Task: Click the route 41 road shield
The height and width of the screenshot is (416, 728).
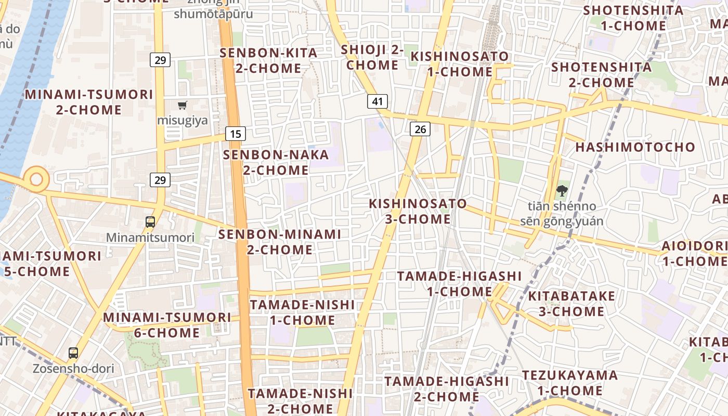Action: [x=378, y=101]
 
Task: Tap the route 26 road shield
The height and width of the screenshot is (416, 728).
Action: [x=420, y=128]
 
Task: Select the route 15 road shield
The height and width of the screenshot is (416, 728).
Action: [x=236, y=134]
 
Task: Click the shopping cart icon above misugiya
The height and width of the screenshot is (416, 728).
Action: [x=182, y=106]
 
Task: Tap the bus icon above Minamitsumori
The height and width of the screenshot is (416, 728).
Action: [x=150, y=222]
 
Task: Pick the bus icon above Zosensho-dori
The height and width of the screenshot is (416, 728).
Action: [x=73, y=353]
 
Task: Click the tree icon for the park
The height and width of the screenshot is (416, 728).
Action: [x=562, y=191]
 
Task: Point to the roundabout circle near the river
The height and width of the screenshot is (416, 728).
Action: [x=36, y=179]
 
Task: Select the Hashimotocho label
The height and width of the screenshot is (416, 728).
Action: [x=635, y=147]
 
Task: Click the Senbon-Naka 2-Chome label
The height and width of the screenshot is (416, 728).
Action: [x=276, y=162]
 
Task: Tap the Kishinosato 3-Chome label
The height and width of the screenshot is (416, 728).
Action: [x=418, y=211]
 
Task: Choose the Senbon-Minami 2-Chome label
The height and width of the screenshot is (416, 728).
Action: [x=280, y=242]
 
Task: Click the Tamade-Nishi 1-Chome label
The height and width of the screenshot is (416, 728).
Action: [x=302, y=312]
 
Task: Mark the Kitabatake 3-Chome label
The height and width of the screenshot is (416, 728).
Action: [x=571, y=304]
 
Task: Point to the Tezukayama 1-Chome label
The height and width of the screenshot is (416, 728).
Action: [x=570, y=383]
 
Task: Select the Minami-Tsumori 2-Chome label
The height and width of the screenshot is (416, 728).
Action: [x=89, y=102]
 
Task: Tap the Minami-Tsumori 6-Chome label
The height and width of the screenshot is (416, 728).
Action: [x=167, y=324]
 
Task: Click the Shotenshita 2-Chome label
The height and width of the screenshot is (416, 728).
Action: [x=601, y=74]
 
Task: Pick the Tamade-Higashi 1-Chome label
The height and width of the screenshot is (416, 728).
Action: [x=459, y=283]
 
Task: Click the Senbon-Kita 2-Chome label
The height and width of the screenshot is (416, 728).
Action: [x=268, y=60]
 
